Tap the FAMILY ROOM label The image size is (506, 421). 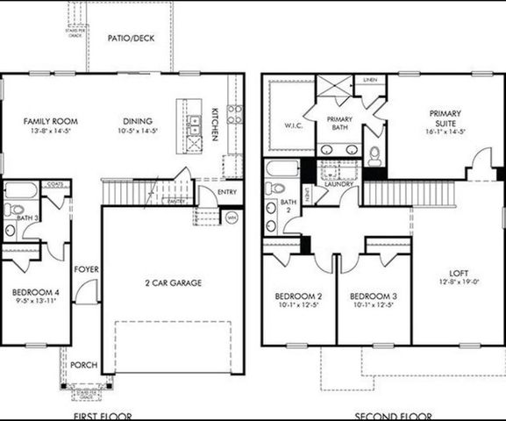[36, 121]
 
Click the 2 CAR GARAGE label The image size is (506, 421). [173, 282]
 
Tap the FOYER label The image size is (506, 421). [86, 269]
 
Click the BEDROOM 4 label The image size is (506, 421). [34, 293]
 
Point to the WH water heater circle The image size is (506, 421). [232, 217]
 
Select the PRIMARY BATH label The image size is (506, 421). [339, 124]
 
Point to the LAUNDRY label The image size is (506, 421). [339, 184]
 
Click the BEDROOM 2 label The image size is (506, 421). [298, 296]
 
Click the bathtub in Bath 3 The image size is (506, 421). [19, 189]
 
